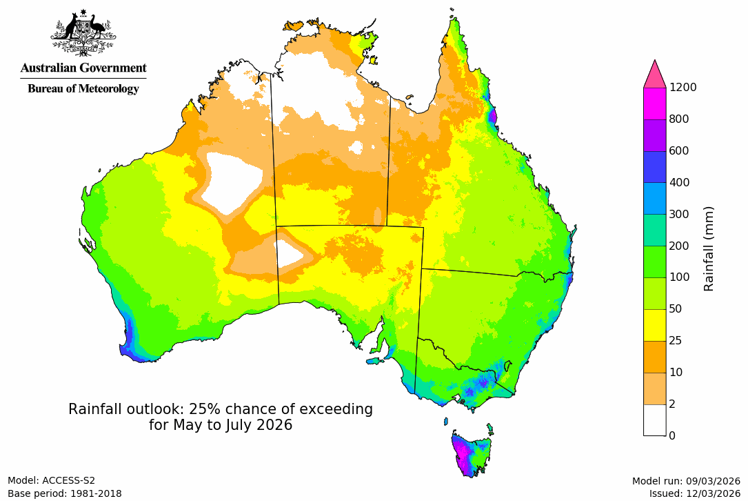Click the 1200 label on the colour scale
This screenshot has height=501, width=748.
(683, 87)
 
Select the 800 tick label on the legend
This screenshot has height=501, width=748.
(680, 119)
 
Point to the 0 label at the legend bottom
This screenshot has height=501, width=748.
(673, 435)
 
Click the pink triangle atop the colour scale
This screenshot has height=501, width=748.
(654, 74)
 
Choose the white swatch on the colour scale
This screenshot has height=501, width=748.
(654, 420)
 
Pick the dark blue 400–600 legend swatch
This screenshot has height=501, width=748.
(654, 166)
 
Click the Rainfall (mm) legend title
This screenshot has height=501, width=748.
(709, 248)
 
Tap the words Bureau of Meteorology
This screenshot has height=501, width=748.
(83, 88)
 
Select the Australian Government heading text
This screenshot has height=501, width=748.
(83, 68)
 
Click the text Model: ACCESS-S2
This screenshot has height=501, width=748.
(52, 480)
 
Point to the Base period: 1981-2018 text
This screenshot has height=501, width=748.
(65, 493)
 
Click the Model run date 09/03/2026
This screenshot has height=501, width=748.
(714, 481)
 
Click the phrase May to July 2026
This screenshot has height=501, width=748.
(221, 425)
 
